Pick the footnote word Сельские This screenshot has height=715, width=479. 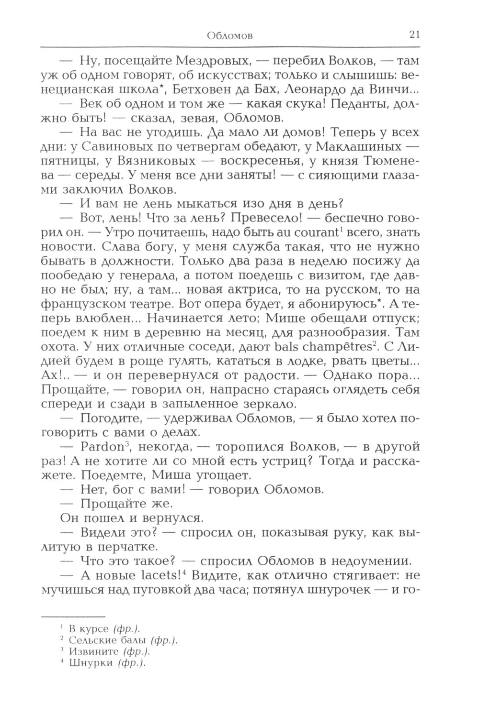click(x=92, y=640)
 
